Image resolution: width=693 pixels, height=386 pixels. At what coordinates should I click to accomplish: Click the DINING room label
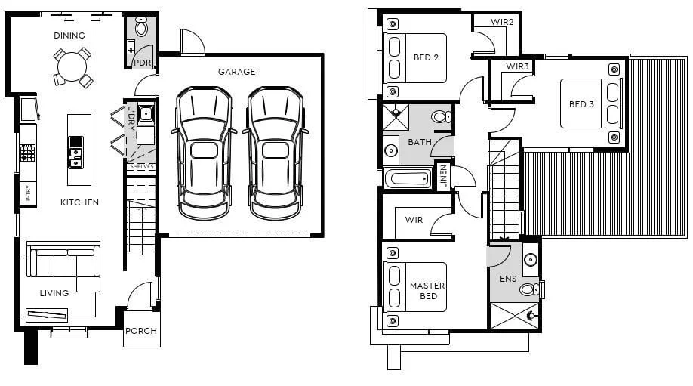click(69, 36)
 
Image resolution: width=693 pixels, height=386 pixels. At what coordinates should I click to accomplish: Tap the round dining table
click(72, 66)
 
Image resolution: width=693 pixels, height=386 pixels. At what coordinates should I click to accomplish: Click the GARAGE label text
click(236, 72)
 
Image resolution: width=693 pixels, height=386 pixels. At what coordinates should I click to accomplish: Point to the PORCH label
click(141, 331)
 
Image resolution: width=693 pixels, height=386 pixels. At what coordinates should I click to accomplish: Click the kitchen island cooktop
click(76, 153)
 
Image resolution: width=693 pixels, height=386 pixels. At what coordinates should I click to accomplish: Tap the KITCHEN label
click(80, 202)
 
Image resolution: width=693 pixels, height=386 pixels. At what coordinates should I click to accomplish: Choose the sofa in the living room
click(63, 262)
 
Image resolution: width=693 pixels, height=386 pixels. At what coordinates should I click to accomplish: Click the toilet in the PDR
click(141, 29)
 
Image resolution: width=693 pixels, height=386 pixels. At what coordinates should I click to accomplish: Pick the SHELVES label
click(141, 167)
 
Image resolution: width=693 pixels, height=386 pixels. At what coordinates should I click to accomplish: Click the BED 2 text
click(426, 57)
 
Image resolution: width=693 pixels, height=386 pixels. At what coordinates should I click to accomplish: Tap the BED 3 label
click(581, 104)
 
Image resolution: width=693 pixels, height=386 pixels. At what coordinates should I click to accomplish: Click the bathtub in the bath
click(408, 179)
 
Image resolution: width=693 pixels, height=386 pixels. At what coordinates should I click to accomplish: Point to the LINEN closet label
click(443, 177)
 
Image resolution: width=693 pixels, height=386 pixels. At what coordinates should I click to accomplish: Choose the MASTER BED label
click(427, 291)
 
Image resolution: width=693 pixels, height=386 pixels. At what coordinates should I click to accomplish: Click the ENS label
click(508, 279)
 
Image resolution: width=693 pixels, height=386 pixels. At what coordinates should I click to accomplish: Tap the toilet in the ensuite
click(528, 289)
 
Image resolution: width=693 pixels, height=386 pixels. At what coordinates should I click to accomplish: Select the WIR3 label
click(517, 66)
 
